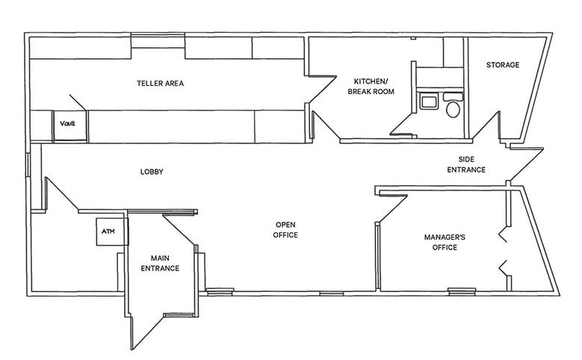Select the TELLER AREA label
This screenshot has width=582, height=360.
click(x=160, y=84)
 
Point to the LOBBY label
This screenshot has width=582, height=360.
click(x=152, y=173)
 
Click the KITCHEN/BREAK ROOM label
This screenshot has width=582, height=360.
click(x=371, y=87)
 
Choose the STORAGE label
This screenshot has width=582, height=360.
click(x=503, y=66)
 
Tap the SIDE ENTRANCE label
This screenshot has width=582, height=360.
click(x=466, y=165)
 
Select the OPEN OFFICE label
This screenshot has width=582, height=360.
click(x=286, y=230)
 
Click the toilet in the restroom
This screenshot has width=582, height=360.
click(x=453, y=110)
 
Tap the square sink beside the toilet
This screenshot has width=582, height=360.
click(x=428, y=101)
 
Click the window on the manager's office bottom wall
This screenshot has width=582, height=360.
click(x=461, y=291)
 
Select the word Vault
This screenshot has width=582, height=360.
click(x=68, y=122)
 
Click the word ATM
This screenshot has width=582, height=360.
click(x=109, y=232)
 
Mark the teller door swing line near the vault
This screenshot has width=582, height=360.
click(x=78, y=103)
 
